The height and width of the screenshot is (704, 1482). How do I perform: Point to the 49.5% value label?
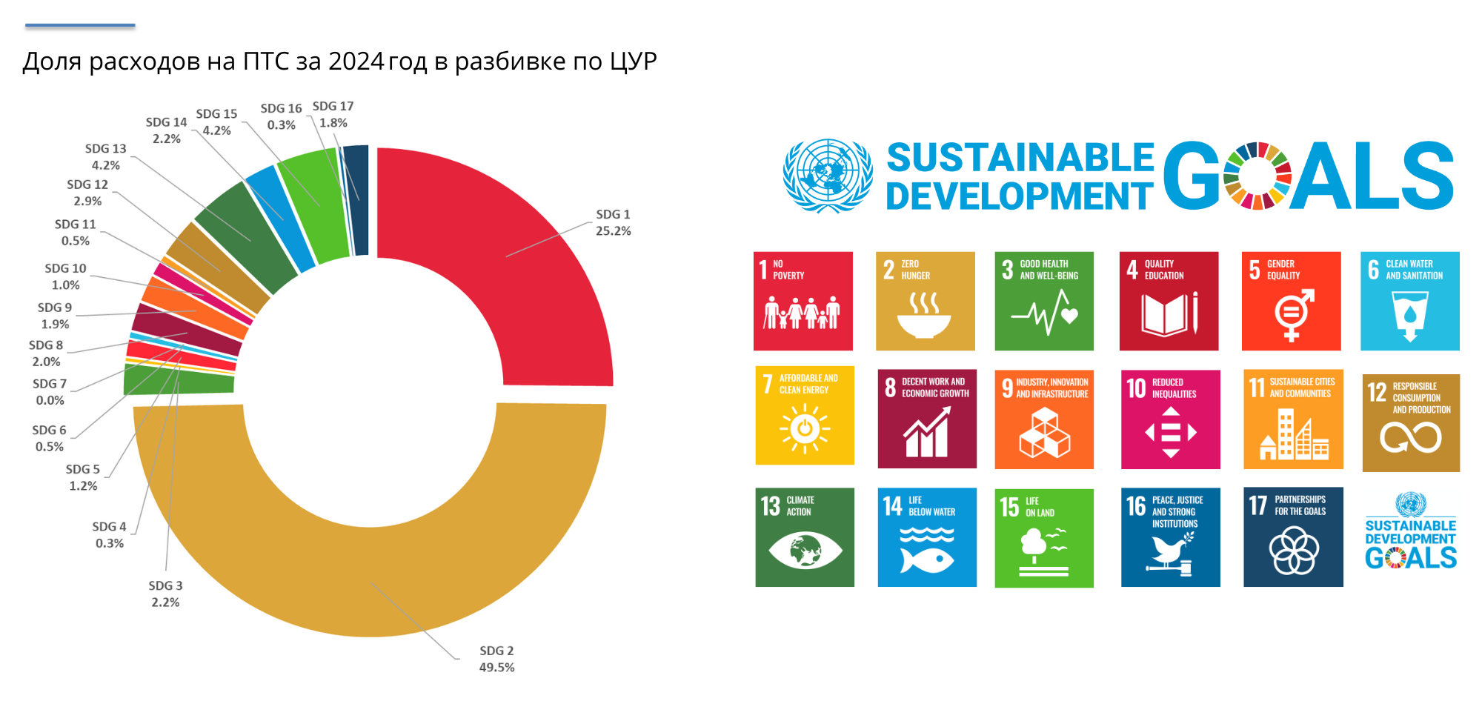[496, 667]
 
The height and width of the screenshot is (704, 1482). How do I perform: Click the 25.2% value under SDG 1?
[613, 230]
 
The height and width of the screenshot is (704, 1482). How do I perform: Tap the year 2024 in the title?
[356, 61]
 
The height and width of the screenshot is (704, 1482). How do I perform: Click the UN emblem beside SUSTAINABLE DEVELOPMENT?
[827, 176]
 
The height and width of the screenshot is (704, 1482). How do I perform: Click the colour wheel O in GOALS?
[1257, 176]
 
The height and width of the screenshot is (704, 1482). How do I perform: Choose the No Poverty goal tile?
[803, 301]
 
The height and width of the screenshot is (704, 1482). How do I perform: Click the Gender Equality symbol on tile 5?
[1292, 314]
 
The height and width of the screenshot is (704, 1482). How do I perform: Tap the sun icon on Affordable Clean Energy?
[804, 428]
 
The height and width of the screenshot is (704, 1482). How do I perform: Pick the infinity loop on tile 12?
[1410, 437]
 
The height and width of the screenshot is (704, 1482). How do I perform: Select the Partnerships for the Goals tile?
[1293, 537]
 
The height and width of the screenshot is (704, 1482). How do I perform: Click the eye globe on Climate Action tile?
[805, 551]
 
